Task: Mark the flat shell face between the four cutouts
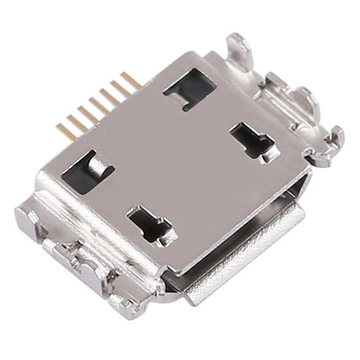pos(173,156)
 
